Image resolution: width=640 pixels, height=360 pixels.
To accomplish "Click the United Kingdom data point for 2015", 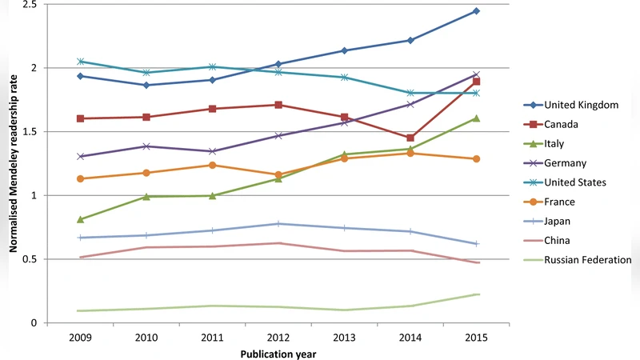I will coord(477,10).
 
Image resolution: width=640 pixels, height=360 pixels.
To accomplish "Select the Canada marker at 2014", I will coord(410,138).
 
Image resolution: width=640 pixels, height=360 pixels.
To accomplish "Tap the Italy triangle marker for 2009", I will coord(80,219).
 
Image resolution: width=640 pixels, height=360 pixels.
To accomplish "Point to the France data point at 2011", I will coord(212,165).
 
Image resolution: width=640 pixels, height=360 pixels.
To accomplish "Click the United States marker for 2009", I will coord(80,62).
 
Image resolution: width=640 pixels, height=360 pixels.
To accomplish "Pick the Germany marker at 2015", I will coord(477,74).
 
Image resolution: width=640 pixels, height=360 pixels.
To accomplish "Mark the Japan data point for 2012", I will coord(278,224).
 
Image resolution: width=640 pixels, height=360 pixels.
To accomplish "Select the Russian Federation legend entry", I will coord(587,259).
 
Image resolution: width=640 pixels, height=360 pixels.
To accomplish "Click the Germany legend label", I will coord(566,163).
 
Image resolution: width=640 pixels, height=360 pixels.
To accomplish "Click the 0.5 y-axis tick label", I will coord(29,259).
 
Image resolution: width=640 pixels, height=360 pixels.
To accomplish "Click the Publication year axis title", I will coord(278,353).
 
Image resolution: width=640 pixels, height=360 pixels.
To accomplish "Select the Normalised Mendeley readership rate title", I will coord(13,163).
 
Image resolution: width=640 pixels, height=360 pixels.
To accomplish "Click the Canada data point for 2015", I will coord(477,82).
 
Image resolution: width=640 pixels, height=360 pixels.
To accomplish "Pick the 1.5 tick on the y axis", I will coord(29,131).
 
